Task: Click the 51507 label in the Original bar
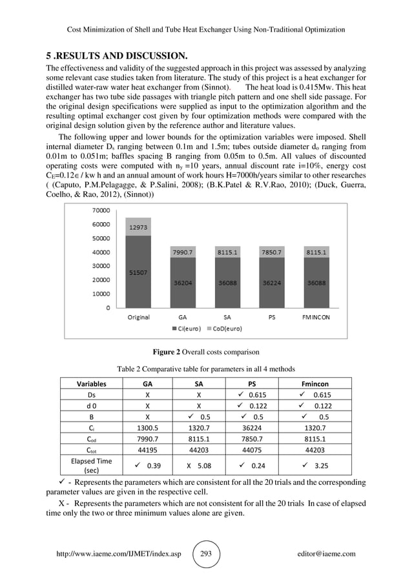pyautogui.click(x=139, y=272)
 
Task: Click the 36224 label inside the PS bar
pyautogui.click(x=271, y=282)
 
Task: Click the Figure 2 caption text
pyautogui.click(x=205, y=353)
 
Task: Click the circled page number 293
pyautogui.click(x=206, y=554)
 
